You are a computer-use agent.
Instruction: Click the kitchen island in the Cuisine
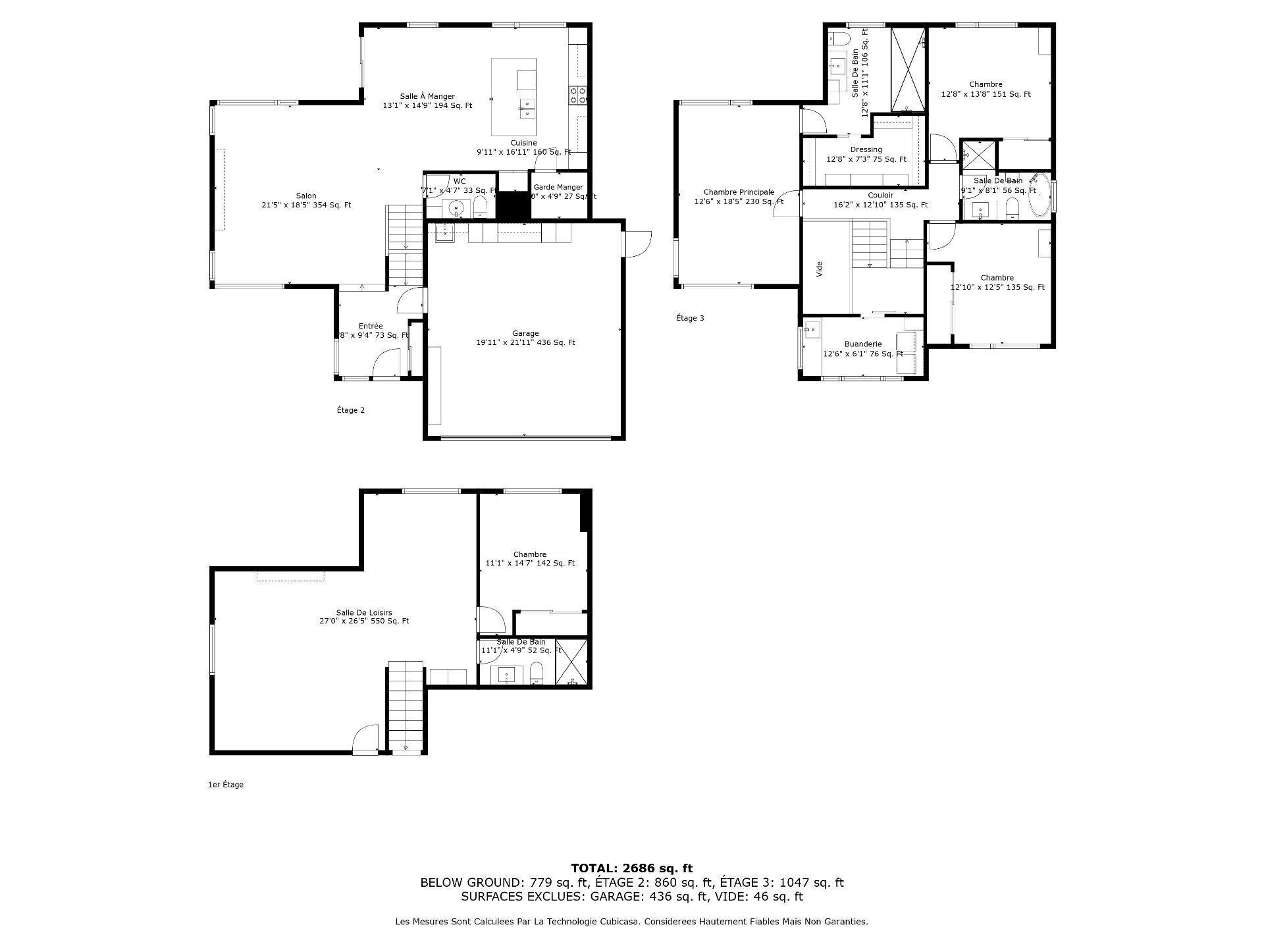(x=513, y=97)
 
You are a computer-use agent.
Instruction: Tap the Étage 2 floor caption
(x=350, y=410)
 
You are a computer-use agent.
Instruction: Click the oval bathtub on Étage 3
(x=1039, y=196)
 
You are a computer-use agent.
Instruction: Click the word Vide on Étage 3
(x=820, y=269)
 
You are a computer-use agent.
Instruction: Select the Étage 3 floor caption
(x=690, y=318)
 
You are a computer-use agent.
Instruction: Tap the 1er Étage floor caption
(x=225, y=785)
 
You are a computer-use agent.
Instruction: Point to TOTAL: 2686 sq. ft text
(x=631, y=868)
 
